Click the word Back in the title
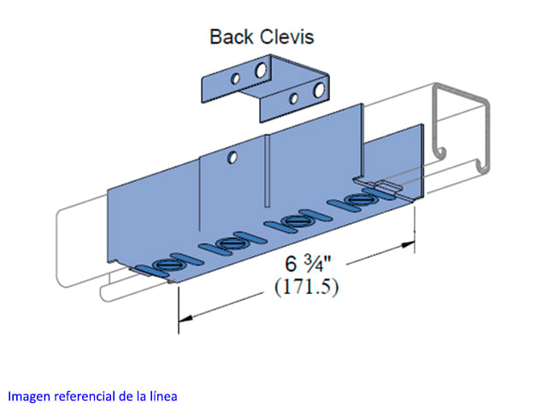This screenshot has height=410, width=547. pos(229,37)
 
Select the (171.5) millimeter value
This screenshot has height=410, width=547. pos(305,287)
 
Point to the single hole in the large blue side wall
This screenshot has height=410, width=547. pos(230,157)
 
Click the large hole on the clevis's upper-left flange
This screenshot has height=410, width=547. pos(260,73)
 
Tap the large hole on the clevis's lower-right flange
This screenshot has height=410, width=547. pos(319,89)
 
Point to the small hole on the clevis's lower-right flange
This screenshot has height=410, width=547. pos(294,98)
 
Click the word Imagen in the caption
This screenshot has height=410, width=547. pos(28,396)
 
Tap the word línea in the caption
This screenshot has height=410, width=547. pos(162,396)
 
